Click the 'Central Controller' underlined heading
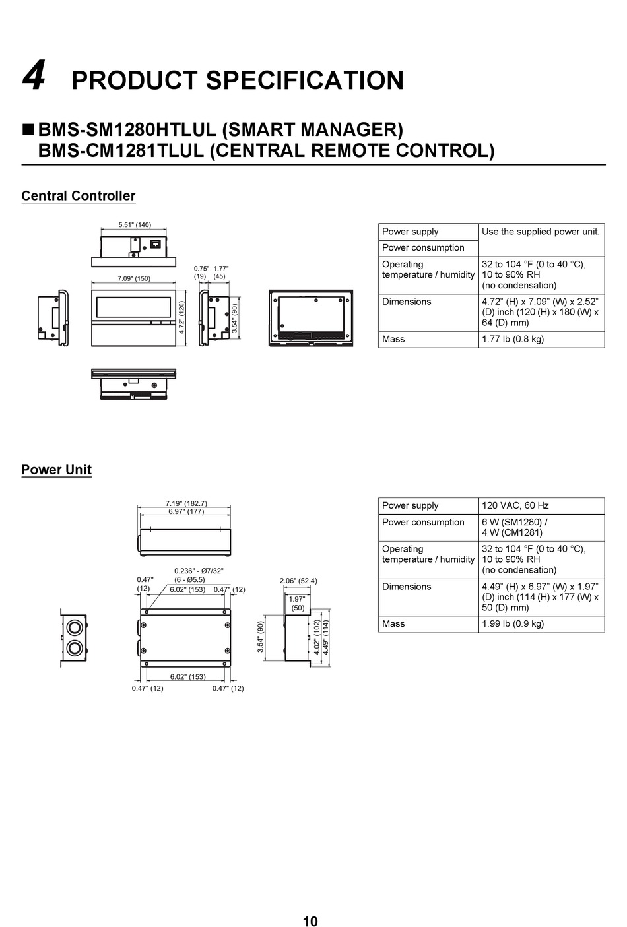pyautogui.click(x=78, y=196)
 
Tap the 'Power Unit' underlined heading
pyautogui.click(x=56, y=470)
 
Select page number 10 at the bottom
pyautogui.click(x=310, y=921)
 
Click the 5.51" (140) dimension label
pyautogui.click(x=135, y=224)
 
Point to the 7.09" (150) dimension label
pyautogui.click(x=134, y=278)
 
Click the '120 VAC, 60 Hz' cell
pyautogui.click(x=515, y=505)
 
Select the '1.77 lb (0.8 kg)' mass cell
pyautogui.click(x=513, y=339)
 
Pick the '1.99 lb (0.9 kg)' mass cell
pyautogui.click(x=513, y=623)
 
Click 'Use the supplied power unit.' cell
pyautogui.click(x=541, y=232)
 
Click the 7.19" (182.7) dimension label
pyautogui.click(x=186, y=503)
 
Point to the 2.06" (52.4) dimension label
pyautogui.click(x=298, y=581)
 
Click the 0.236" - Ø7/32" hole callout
pyautogui.click(x=199, y=571)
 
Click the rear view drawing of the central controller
pyautogui.click(x=310, y=318)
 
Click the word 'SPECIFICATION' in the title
pyautogui.click(x=305, y=80)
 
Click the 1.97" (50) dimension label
pyautogui.click(x=297, y=603)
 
